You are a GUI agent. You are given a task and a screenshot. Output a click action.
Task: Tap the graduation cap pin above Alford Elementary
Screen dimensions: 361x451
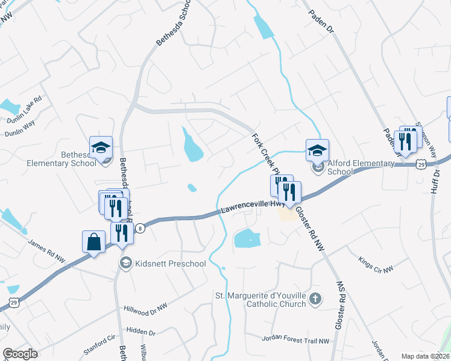click(x=317, y=150)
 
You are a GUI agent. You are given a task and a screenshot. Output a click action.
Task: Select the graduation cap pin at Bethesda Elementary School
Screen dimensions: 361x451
click(x=101, y=146)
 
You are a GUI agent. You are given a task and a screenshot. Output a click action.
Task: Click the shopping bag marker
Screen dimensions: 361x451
click(x=93, y=242)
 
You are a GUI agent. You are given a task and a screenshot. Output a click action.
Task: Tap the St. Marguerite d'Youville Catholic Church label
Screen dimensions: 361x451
click(x=260, y=300)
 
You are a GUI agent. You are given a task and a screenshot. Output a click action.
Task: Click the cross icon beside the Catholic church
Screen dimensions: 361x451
click(x=315, y=299)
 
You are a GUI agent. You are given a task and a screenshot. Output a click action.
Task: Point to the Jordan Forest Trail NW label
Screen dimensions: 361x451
click(x=295, y=340)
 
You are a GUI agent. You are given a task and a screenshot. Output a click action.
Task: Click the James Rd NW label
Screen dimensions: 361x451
click(x=46, y=251)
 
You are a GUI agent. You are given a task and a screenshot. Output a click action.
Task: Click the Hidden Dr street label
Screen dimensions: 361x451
click(x=140, y=332)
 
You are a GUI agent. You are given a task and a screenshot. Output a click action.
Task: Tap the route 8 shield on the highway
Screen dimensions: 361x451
click(x=140, y=227)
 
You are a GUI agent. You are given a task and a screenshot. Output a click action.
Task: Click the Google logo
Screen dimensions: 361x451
click(x=20, y=354)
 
